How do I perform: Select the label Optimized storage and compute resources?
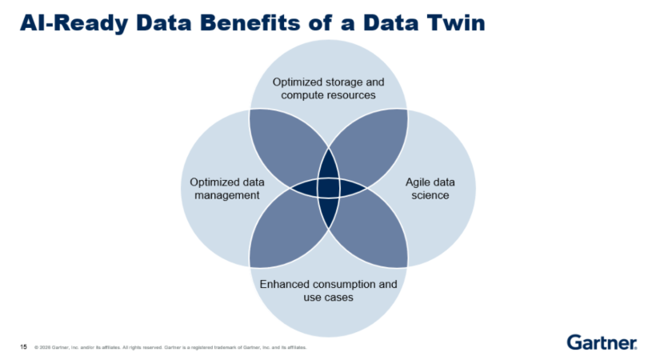coord(329,88)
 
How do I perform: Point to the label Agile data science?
coord(426,188)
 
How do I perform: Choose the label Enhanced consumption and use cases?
coord(329,290)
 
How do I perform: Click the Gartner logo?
coord(602,342)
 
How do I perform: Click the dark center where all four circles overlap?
coord(329,188)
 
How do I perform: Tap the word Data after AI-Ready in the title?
coord(167,23)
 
